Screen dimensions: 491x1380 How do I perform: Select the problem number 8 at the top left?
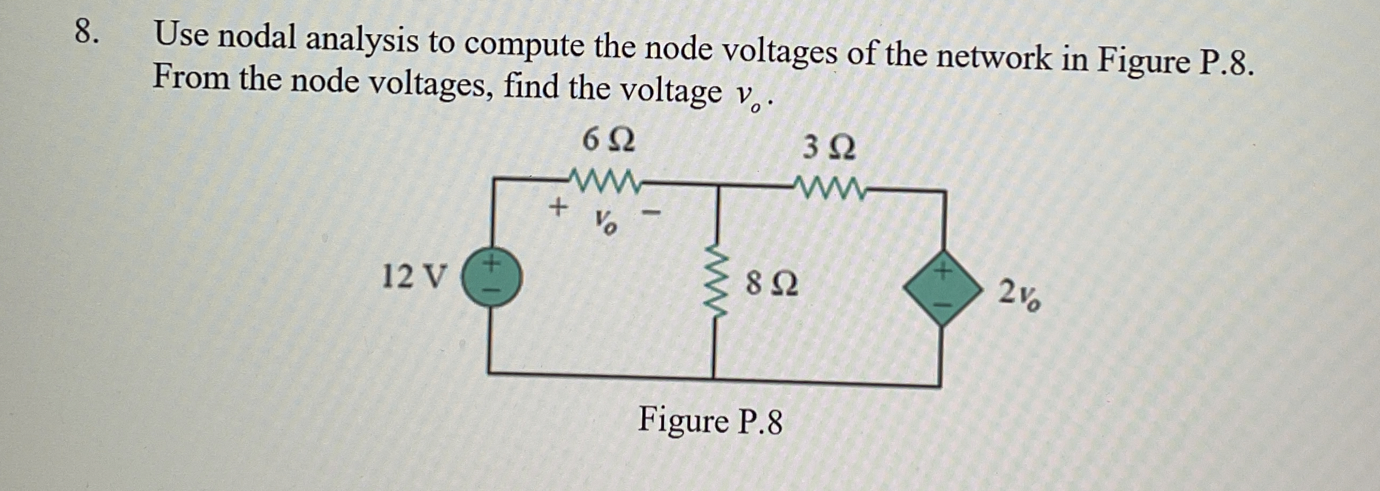(x=86, y=32)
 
